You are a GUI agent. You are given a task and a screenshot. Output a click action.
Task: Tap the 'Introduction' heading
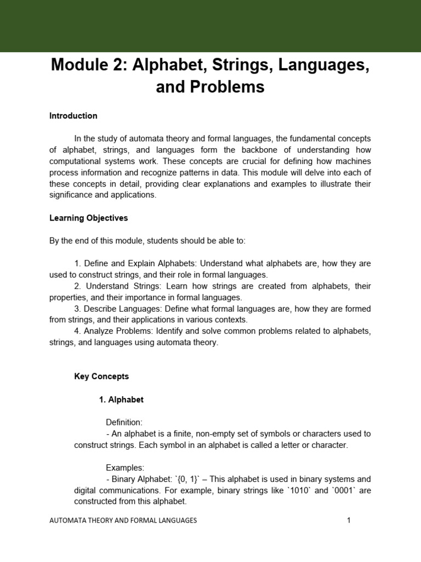[73, 116]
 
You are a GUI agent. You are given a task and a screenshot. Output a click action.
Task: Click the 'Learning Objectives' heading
[88, 218]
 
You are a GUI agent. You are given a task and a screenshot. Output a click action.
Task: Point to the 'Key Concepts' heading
[101, 376]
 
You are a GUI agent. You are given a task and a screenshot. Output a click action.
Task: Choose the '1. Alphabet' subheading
[121, 400]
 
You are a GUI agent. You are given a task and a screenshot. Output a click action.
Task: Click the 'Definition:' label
[124, 423]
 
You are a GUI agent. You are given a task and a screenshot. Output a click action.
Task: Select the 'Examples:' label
[125, 468]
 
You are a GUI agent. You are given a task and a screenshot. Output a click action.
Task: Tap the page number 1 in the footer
[348, 520]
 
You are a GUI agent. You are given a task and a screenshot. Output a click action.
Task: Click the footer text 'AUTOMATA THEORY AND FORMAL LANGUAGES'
[123, 520]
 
